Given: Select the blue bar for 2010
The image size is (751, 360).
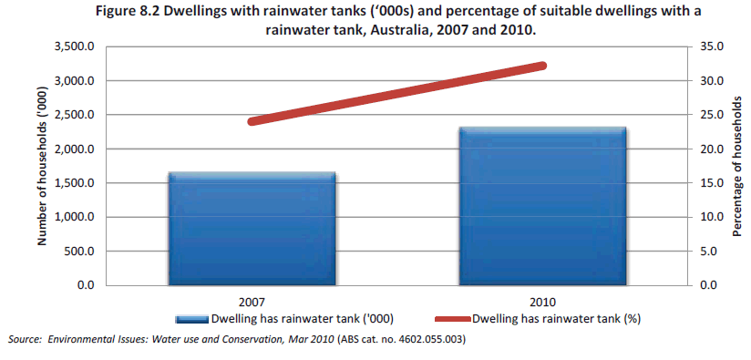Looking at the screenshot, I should pos(543,206).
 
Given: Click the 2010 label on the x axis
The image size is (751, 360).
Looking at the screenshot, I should pos(543,302).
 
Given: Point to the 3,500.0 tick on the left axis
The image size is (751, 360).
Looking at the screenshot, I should pos(75,46).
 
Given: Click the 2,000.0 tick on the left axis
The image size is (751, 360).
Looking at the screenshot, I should pos(75,149).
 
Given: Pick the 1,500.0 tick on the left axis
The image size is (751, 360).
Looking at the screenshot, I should pos(75,183).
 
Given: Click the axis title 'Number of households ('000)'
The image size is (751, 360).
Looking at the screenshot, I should pos(42,166).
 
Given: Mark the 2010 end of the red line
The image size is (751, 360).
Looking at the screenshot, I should pos(542,66).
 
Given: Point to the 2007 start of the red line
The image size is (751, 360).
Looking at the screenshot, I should pos(252,121).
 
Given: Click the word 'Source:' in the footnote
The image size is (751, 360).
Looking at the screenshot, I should pos(26,340).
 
